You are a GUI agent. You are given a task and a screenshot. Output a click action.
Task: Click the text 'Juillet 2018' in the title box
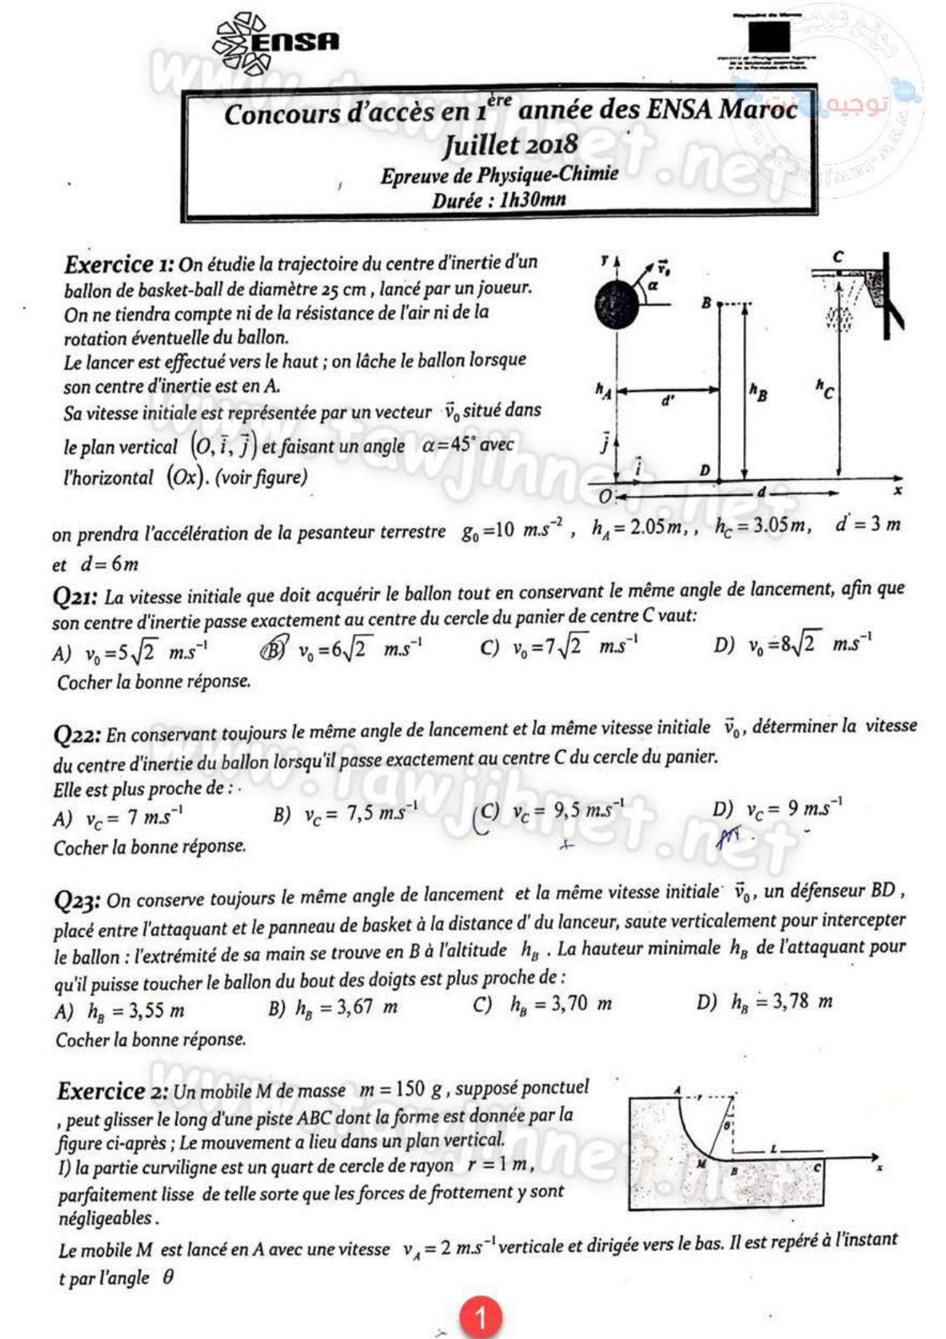pyautogui.click(x=510, y=144)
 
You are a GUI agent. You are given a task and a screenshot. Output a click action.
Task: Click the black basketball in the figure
pyautogui.click(x=616, y=304)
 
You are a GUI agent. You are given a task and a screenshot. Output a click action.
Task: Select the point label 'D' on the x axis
pyautogui.click(x=704, y=471)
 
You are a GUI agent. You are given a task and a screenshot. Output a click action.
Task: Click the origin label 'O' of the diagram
pyautogui.click(x=605, y=497)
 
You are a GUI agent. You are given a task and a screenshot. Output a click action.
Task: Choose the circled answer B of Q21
pyautogui.click(x=274, y=649)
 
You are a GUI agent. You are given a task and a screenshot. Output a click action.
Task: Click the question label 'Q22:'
pyautogui.click(x=76, y=735)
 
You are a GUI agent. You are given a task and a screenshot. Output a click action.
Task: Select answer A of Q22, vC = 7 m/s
pyautogui.click(x=118, y=818)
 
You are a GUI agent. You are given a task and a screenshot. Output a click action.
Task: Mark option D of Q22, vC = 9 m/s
pyautogui.click(x=777, y=809)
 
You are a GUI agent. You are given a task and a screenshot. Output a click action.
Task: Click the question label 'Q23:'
pyautogui.click(x=77, y=901)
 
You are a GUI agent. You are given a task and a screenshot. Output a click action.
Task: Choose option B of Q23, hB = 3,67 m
pyautogui.click(x=333, y=1008)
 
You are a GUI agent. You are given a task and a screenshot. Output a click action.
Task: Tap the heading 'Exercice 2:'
pyautogui.click(x=112, y=1092)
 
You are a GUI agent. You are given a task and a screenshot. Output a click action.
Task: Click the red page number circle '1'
pyautogui.click(x=480, y=1316)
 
